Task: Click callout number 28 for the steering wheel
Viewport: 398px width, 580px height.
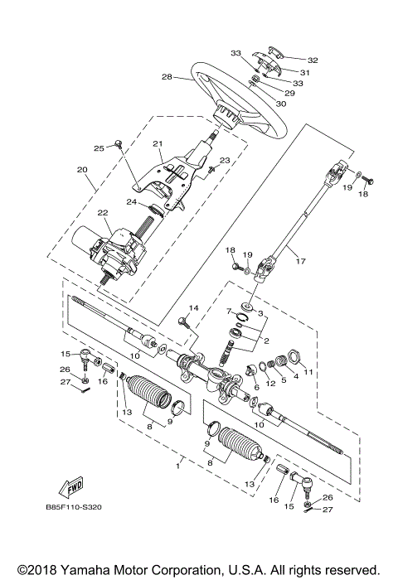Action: point(166,77)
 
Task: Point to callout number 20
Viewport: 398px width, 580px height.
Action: point(82,171)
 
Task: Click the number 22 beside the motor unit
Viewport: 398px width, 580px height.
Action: point(103,213)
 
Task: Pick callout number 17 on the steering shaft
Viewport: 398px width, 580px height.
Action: point(301,262)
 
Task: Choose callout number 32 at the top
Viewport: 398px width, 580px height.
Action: point(313,60)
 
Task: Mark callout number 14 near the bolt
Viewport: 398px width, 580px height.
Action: point(194,308)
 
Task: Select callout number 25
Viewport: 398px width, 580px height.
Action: point(99,148)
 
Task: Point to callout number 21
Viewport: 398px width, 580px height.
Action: point(157,143)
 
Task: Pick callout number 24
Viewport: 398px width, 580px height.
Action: point(131,201)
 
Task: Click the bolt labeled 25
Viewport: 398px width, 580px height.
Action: point(119,144)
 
